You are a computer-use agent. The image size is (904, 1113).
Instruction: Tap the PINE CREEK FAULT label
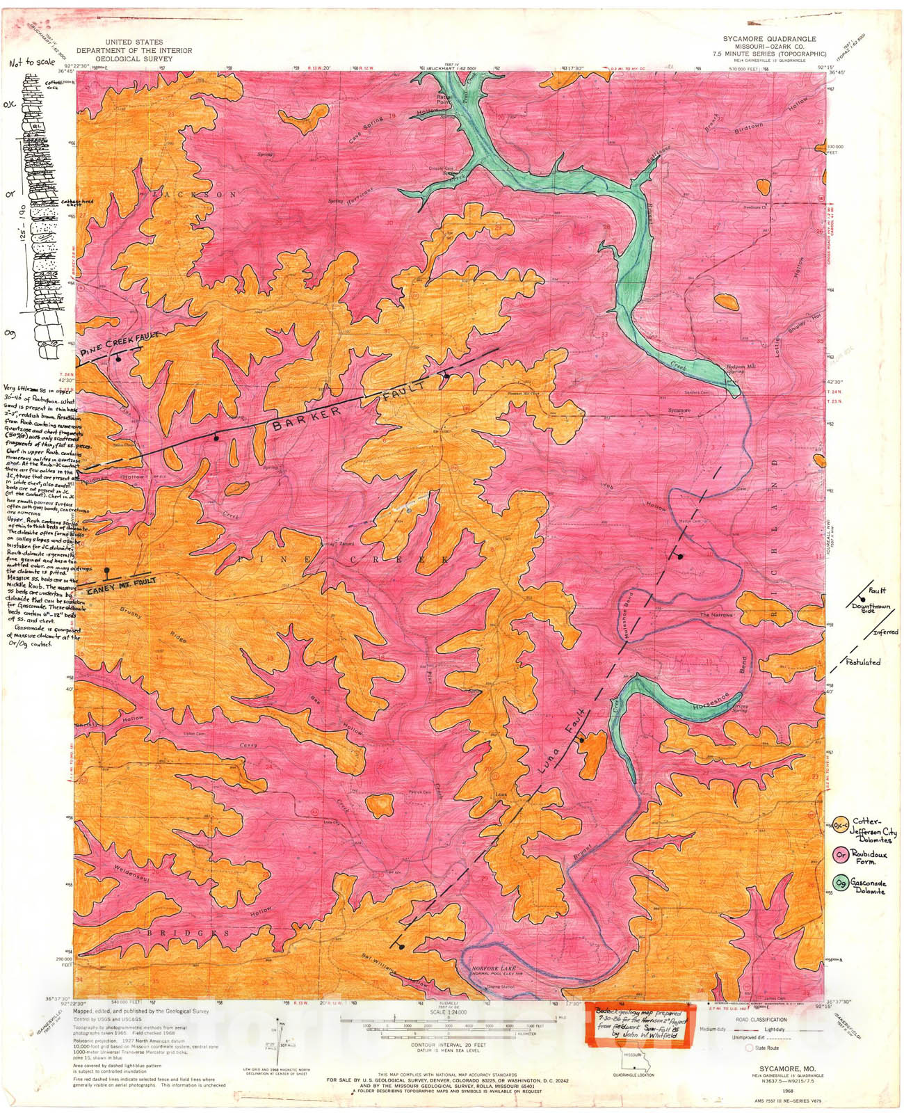tap(120, 343)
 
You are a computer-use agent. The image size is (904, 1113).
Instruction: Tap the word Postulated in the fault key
tap(863, 662)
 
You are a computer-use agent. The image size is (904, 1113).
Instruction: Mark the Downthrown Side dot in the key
tap(862, 599)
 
